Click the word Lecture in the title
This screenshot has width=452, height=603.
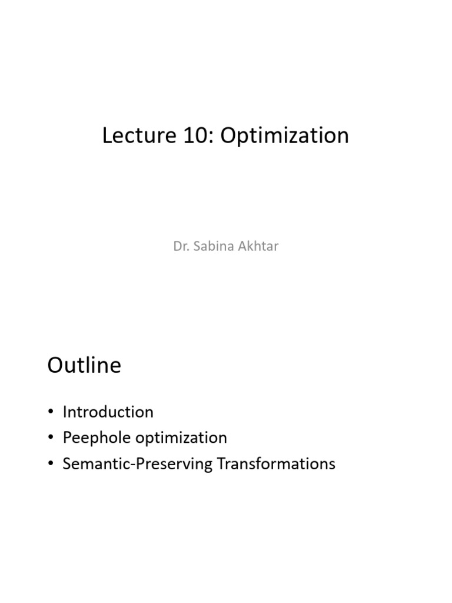tap(139, 135)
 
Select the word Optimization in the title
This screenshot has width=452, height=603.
tap(284, 136)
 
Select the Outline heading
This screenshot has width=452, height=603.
tap(84, 365)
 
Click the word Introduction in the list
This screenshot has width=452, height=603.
tap(108, 412)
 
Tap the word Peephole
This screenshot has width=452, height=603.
tap(97, 438)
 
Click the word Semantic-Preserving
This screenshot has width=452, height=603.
tap(137, 464)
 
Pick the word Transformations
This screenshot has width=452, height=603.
tap(277, 464)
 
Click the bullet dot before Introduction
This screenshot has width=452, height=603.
tap(51, 412)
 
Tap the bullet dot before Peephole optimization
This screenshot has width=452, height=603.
tap(51, 438)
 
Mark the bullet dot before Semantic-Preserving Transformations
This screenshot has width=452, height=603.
tap(51, 463)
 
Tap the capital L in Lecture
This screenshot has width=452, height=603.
tap(108, 136)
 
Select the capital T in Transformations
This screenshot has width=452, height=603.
tap(222, 464)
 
